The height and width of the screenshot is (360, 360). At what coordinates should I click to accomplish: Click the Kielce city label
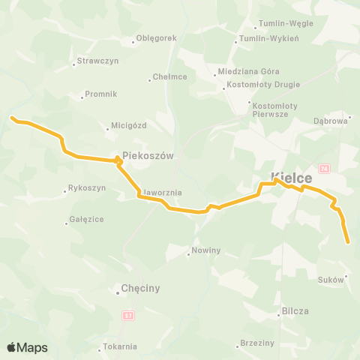292,178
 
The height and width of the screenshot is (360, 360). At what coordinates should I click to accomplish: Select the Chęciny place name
140,288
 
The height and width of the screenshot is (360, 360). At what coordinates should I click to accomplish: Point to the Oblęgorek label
157,38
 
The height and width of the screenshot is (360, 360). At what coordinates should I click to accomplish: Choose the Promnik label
100,94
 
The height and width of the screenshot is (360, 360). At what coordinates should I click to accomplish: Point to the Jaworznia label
161,193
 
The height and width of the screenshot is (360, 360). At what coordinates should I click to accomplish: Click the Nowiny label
205,250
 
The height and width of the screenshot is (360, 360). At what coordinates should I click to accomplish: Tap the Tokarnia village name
121,346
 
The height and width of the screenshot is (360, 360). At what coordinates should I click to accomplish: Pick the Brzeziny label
257,343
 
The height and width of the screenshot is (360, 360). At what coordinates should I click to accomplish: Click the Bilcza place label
295,310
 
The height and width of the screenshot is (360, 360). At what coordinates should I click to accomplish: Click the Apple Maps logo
27,347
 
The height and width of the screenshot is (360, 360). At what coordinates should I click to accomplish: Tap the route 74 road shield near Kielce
323,168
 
